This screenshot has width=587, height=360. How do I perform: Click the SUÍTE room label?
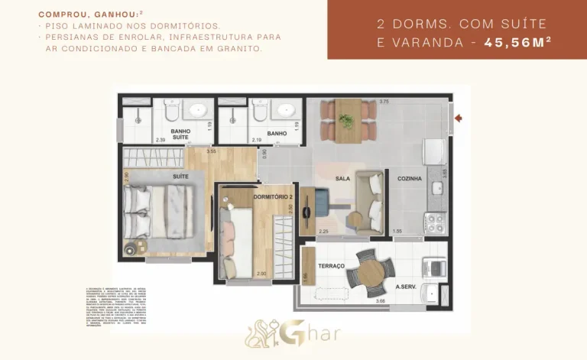pos(181,176)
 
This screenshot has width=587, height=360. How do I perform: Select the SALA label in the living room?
pos(342,179)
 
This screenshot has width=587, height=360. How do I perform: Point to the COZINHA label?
pos(409,179)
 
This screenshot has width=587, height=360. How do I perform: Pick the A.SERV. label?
pos(405,287)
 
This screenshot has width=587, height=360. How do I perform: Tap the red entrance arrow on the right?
pos(459,118)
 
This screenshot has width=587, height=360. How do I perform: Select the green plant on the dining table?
pos(346,119)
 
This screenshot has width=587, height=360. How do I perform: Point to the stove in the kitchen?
pos(435,222)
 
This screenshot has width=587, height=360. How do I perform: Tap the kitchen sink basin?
pos(438,188)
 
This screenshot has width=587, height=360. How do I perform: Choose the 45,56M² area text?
pos(517,43)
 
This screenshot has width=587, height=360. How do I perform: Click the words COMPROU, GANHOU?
pos(72,14)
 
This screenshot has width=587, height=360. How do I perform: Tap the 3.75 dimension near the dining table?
pos(384,102)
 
